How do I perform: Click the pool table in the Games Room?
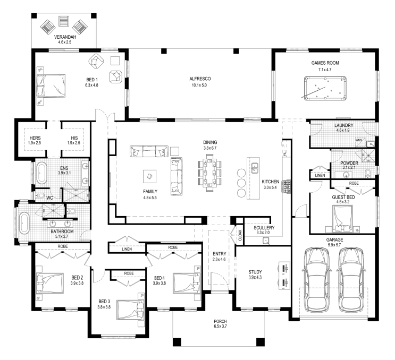(325, 89)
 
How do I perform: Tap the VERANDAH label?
(65, 37)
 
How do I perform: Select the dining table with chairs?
(210, 173)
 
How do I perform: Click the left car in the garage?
(317, 279)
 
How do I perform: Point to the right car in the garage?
(351, 279)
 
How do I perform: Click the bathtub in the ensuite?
(42, 173)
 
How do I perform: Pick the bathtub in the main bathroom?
(24, 223)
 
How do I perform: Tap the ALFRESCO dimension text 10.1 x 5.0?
(199, 85)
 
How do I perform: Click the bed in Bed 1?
(51, 86)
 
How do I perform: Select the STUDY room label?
(255, 272)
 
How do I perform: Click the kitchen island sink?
(255, 168)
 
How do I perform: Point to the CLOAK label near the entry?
(240, 235)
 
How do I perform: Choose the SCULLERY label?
(264, 228)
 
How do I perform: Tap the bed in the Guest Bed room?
(342, 218)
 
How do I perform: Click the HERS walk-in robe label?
(35, 138)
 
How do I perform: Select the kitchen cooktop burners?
(287, 186)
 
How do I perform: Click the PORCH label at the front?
(220, 321)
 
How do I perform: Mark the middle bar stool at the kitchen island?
(241, 183)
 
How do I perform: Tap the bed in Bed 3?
(130, 310)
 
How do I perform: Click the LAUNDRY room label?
(343, 125)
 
